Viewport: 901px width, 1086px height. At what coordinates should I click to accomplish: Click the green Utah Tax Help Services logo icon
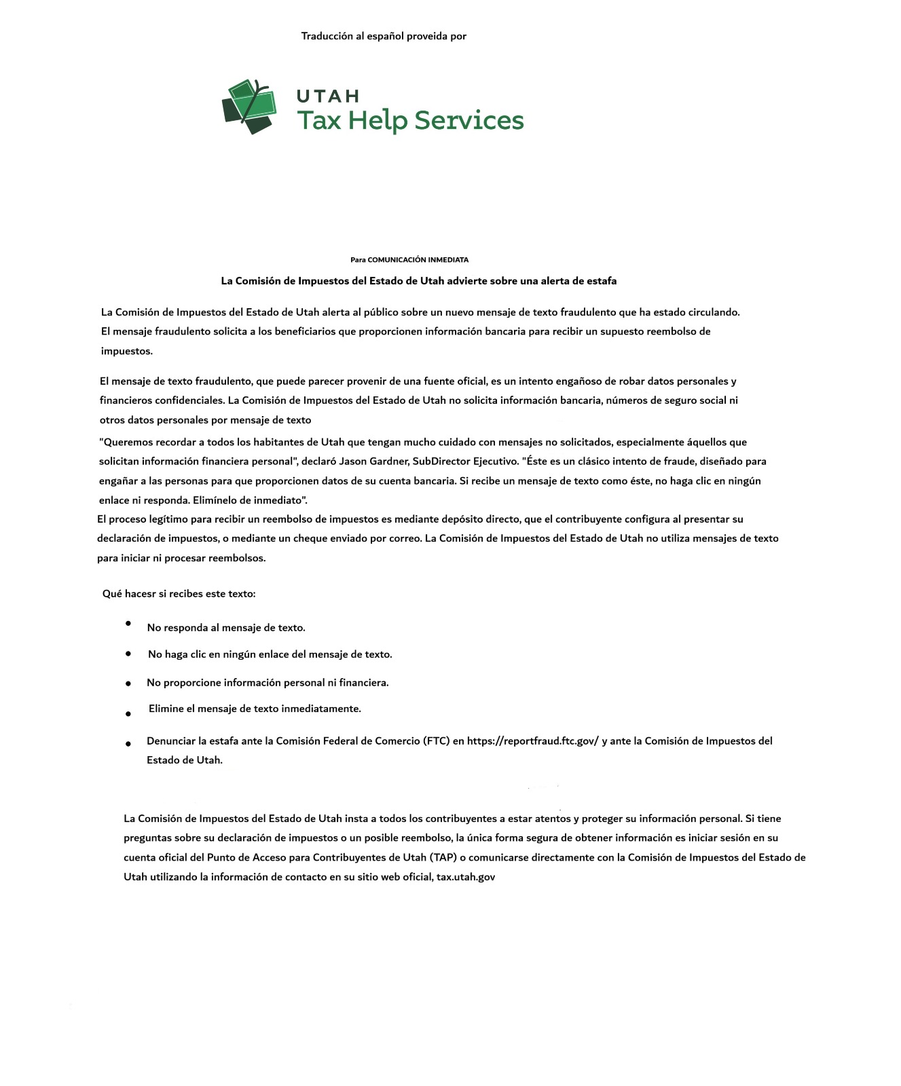coord(249,107)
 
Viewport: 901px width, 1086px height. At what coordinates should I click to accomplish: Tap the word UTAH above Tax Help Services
coord(328,96)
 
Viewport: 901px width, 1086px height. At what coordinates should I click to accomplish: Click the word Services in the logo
coord(468,120)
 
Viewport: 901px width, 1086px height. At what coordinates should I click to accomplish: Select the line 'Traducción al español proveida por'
coord(384,36)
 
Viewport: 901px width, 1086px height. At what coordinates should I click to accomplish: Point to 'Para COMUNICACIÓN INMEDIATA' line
coord(409,260)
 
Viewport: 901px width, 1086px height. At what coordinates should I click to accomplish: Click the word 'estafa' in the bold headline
coord(601,281)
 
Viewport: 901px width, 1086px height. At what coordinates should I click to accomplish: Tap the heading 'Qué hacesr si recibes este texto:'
coord(179,594)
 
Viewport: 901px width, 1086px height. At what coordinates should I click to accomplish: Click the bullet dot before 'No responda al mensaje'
coord(128,623)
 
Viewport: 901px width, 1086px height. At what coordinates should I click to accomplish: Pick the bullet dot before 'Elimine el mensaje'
coord(128,714)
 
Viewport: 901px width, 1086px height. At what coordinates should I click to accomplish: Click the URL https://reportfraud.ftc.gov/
coord(532,741)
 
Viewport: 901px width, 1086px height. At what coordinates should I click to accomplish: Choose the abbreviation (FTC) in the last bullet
coord(436,741)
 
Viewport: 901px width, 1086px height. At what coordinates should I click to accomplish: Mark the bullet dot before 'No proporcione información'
coord(128,684)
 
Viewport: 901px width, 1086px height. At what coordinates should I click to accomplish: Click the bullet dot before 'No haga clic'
coord(128,654)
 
